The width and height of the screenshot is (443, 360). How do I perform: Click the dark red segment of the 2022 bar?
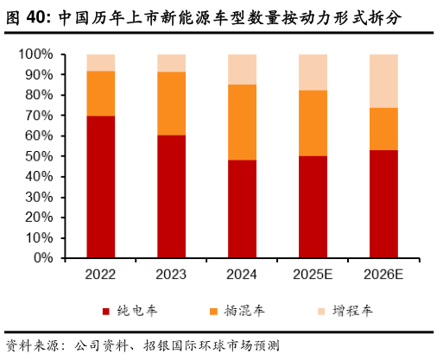(100, 186)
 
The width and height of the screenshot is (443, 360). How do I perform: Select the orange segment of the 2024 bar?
(242, 122)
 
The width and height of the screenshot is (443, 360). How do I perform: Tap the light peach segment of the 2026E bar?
(383, 80)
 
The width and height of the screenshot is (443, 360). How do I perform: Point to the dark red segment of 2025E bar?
(313, 206)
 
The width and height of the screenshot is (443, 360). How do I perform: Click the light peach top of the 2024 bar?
(242, 69)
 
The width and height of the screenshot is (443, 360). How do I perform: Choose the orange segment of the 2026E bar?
(383, 129)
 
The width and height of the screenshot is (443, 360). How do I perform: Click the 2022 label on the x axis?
(100, 275)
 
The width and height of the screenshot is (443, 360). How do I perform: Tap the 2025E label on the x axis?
(313, 275)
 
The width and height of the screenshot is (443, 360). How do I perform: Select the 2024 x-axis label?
(242, 275)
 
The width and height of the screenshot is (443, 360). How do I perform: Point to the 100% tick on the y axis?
(35, 54)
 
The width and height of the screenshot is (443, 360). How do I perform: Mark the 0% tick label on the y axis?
(42, 258)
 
